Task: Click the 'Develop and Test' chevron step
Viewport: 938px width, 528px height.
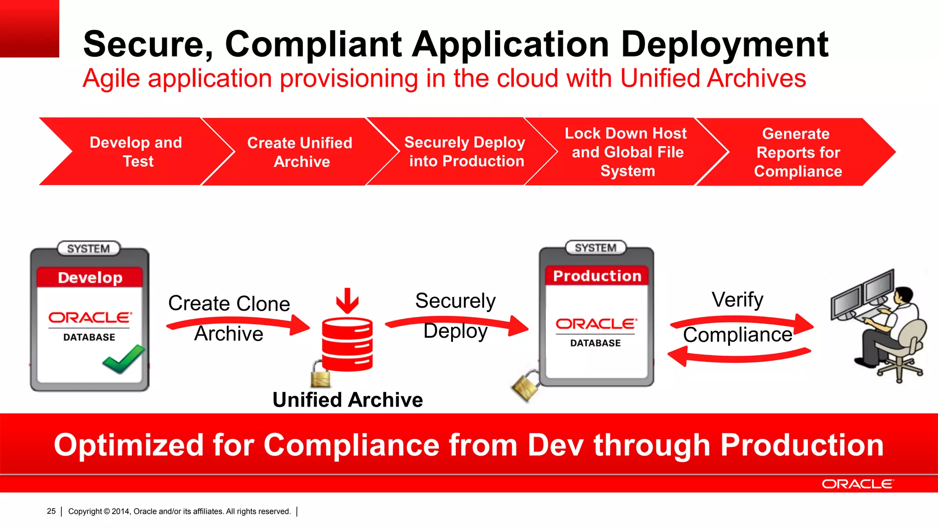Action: tap(136, 152)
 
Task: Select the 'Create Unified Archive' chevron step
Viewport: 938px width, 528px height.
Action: tap(300, 152)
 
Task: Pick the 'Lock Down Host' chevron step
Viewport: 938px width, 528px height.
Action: tap(627, 152)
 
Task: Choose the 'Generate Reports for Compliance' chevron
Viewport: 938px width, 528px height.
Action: tap(797, 152)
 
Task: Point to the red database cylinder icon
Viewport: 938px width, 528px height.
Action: tap(347, 344)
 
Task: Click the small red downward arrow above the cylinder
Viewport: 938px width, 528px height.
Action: tap(347, 301)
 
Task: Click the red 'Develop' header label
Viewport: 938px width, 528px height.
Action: tap(90, 278)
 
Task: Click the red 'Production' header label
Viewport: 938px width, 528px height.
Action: tap(597, 276)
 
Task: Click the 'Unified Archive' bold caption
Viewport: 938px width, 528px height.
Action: tap(348, 400)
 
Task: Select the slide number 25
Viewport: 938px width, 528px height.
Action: tap(51, 511)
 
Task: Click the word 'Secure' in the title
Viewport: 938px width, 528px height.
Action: tap(147, 44)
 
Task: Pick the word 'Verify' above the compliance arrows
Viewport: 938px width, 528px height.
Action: tap(737, 300)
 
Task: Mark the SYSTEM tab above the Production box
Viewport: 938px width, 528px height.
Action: tap(595, 248)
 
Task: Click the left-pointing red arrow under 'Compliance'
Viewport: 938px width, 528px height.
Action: tap(737, 356)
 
